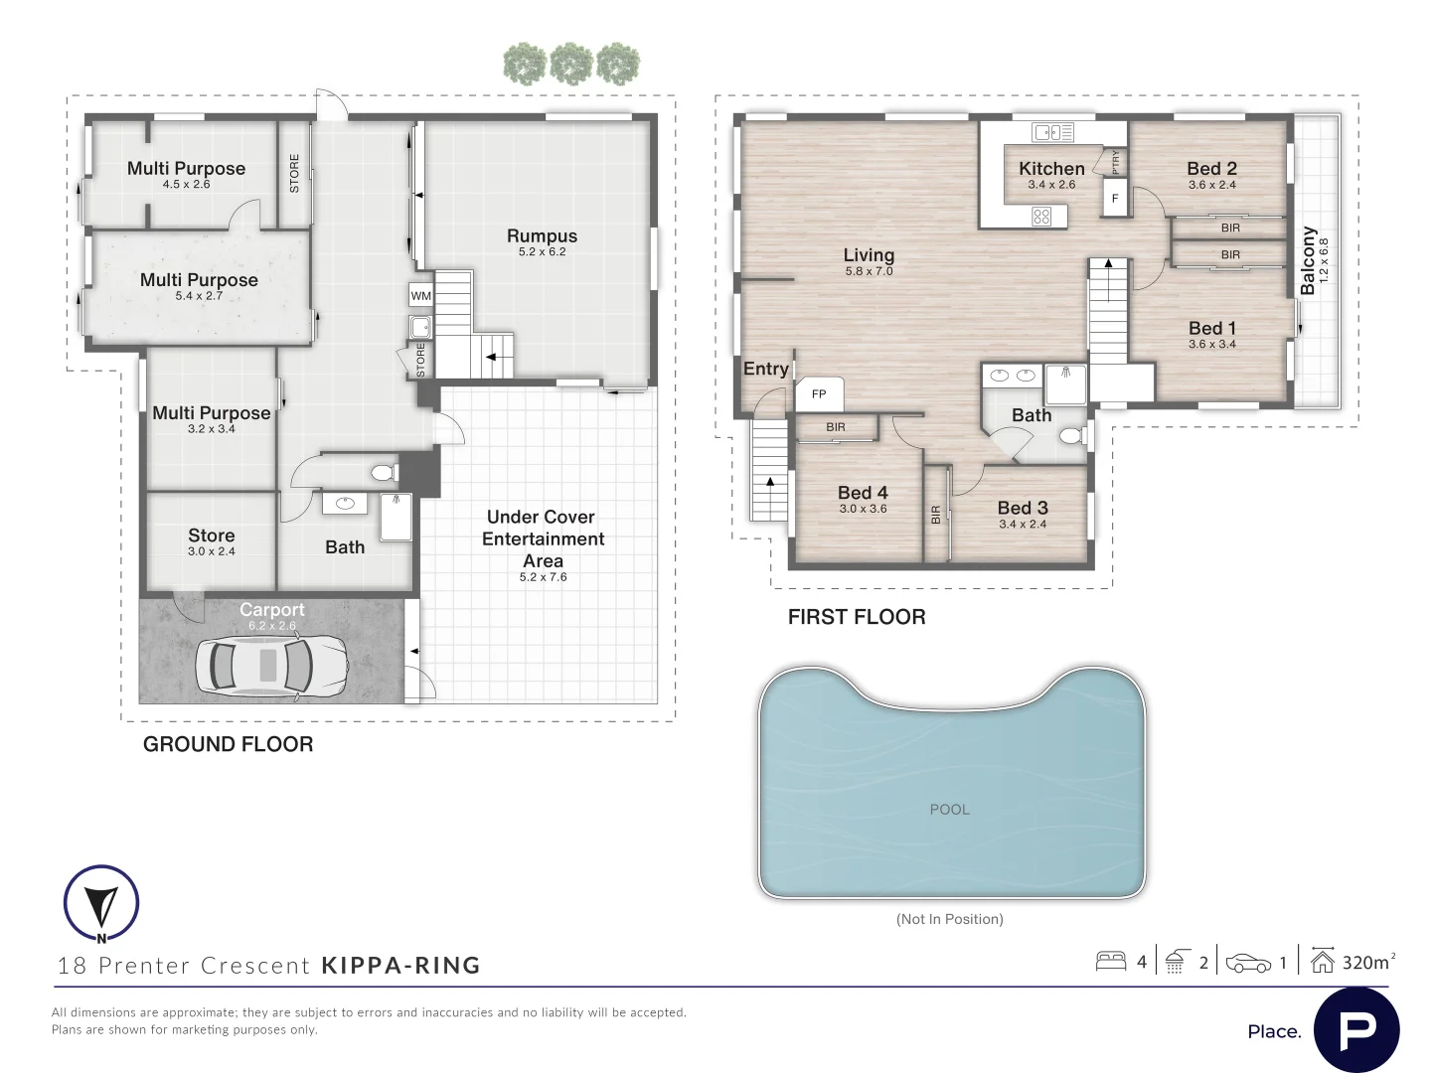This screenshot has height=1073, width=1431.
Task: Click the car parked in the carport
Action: click(x=272, y=666)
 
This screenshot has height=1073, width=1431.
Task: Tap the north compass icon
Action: click(x=101, y=904)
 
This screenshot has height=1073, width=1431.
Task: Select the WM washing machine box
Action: click(x=420, y=296)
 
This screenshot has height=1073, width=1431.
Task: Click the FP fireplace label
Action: click(x=819, y=393)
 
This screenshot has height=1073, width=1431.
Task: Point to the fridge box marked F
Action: click(x=1115, y=198)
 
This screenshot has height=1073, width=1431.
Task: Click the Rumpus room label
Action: click(x=542, y=235)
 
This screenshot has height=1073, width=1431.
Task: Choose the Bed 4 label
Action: click(x=863, y=493)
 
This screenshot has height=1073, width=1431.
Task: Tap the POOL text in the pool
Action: click(x=949, y=809)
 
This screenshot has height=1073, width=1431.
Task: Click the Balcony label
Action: click(x=1308, y=260)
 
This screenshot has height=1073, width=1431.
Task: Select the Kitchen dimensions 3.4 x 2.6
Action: click(x=1051, y=185)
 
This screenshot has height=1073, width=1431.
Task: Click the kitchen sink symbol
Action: click(x=1052, y=132)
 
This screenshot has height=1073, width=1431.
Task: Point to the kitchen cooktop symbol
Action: click(x=1041, y=217)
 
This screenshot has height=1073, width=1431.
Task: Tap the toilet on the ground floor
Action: click(x=386, y=472)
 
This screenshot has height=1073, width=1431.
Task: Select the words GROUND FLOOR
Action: click(x=229, y=744)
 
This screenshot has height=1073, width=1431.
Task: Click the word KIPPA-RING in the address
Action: click(x=400, y=965)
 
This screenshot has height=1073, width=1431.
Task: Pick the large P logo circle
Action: click(x=1356, y=1029)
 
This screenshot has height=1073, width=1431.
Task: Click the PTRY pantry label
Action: click(x=1115, y=162)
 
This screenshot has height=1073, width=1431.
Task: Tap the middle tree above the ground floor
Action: click(x=571, y=64)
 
